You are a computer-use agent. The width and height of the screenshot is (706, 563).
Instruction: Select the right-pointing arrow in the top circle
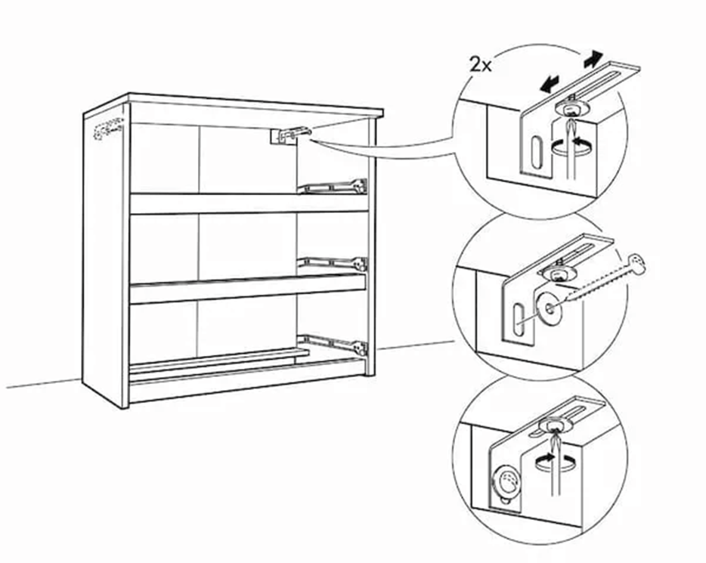click(x=594, y=57)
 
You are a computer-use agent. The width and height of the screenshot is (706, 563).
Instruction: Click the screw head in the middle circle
click(x=639, y=264)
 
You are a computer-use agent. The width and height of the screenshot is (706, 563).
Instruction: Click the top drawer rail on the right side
click(x=336, y=185)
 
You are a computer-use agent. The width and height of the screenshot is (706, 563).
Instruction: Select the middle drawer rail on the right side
click(x=336, y=263)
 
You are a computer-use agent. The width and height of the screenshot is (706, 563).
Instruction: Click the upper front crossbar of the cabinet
click(x=249, y=203)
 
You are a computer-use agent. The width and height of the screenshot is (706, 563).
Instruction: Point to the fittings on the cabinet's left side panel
click(x=105, y=129)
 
